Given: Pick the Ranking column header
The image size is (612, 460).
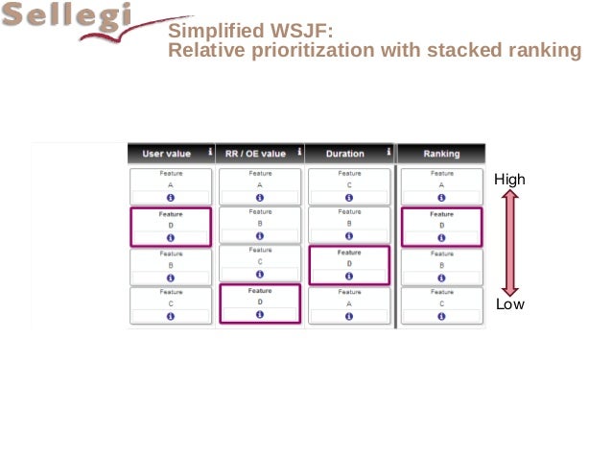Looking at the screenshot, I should (441, 153).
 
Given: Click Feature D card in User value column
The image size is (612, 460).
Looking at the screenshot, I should (171, 227).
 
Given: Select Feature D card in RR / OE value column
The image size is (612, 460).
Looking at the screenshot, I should (260, 303).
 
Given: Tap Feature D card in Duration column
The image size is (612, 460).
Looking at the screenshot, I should (349, 264).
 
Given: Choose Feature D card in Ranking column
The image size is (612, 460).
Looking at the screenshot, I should (441, 227).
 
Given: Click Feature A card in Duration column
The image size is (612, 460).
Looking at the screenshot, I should (349, 303).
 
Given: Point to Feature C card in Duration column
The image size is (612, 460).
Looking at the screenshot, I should (349, 186).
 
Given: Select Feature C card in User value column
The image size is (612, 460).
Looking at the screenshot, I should (171, 303).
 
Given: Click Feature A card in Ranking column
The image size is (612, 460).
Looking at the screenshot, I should (441, 186).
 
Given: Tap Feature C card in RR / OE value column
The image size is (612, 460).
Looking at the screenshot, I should (260, 263).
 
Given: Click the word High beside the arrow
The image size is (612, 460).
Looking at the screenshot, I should (509, 180).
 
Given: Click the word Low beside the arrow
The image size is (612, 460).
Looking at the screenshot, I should (509, 304).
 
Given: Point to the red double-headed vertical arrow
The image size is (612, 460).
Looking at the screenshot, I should (509, 242).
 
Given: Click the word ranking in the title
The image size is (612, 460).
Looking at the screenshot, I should (548, 50).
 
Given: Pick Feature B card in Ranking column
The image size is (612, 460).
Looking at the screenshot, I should (441, 264).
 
